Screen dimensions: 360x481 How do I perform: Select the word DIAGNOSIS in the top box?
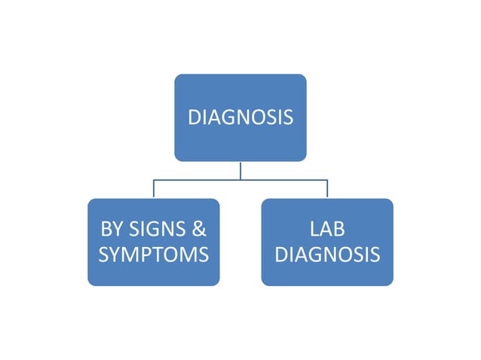pyautogui.click(x=240, y=117)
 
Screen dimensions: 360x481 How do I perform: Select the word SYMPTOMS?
pyautogui.click(x=153, y=255)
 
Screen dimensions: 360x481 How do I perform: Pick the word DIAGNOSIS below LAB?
pyautogui.click(x=327, y=255)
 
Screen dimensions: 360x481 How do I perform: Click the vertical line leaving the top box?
pyautogui.click(x=240, y=170)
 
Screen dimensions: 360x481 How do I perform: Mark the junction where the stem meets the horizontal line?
pyautogui.click(x=240, y=180)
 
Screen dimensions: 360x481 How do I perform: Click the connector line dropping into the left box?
pyautogui.click(x=154, y=190)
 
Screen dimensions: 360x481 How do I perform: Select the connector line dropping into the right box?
pyautogui.click(x=327, y=190)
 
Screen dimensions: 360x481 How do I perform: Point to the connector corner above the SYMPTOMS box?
pyautogui.click(x=154, y=180)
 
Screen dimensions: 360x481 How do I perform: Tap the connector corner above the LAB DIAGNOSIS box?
pyautogui.click(x=327, y=180)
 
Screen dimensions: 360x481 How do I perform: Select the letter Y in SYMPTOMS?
pyautogui.click(x=116, y=255)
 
